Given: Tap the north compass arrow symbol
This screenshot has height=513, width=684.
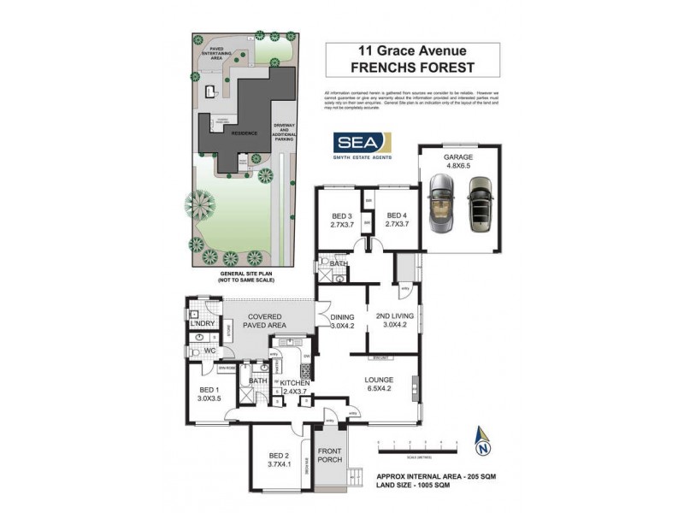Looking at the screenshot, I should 484,442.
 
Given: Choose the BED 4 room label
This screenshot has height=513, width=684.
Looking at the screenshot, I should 394,221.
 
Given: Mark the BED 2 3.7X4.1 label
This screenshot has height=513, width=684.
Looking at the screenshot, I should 280,460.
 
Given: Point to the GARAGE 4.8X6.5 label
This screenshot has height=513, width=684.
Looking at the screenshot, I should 457,162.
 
